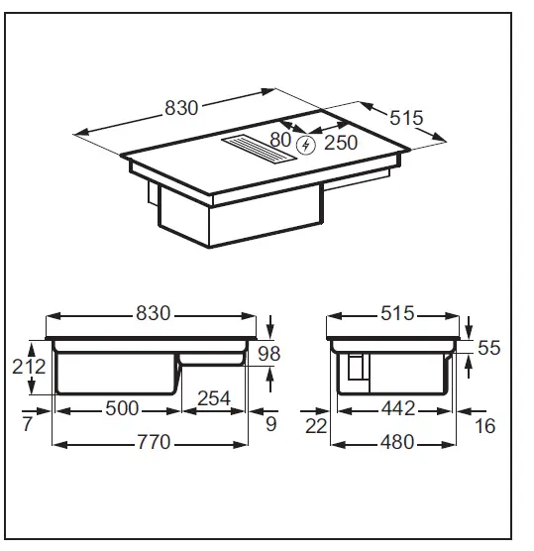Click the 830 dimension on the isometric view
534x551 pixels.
click(181, 108)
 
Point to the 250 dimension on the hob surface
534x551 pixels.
click(341, 144)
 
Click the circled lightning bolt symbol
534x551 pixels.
click(307, 146)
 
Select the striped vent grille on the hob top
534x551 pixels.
click(261, 149)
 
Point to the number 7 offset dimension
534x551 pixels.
click(26, 426)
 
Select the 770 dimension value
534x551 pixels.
click(151, 441)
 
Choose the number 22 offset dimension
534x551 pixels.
click(315, 427)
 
